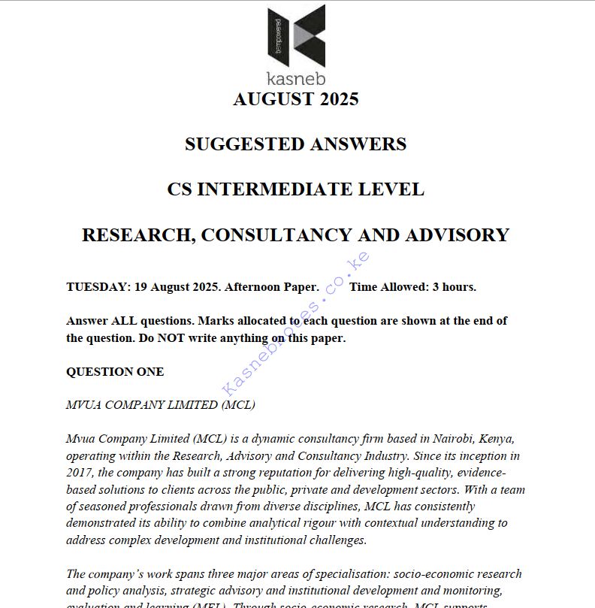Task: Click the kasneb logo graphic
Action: (296, 36)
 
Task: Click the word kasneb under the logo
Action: (296, 77)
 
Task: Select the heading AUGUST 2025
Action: (296, 99)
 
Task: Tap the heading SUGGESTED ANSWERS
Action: (296, 144)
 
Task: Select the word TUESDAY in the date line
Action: (96, 287)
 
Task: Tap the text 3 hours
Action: (454, 287)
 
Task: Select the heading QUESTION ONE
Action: (115, 372)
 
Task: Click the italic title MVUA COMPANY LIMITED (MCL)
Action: (161, 405)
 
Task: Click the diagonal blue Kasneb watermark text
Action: (296, 323)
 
